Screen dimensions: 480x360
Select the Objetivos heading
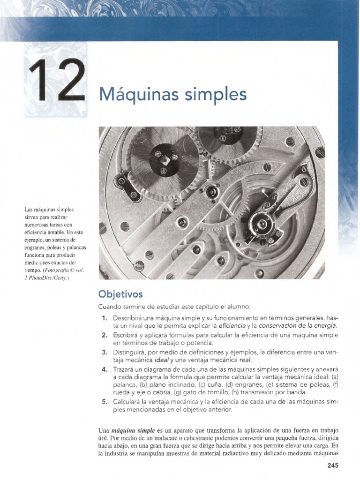click(120, 294)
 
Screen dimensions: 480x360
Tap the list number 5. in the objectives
click(105, 402)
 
